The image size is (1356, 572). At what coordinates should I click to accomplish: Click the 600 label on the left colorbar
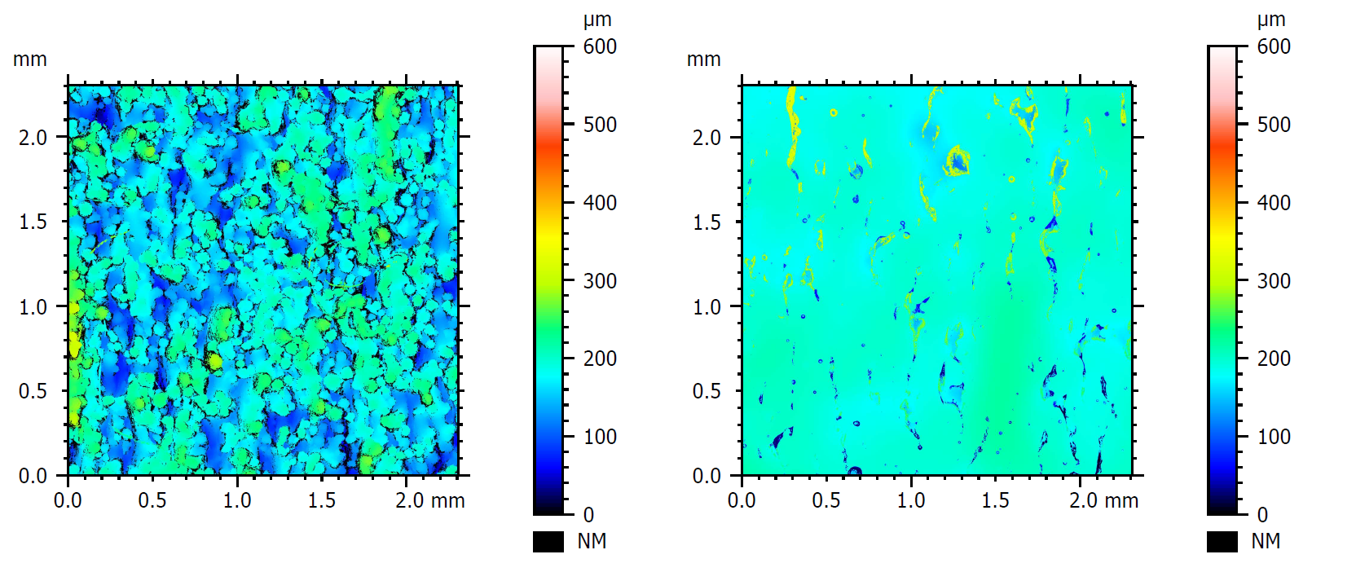[x=600, y=46]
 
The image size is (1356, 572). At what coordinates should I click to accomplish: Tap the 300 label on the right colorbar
[x=1274, y=281]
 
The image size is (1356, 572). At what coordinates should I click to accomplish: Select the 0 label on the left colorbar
[x=588, y=515]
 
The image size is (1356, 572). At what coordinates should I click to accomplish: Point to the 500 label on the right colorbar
[x=1274, y=125]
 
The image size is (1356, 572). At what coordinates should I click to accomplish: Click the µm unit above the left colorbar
[x=597, y=20]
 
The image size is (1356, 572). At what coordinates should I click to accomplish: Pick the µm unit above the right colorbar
[x=1271, y=20]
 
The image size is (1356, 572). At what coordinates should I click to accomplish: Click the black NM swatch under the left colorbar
[x=548, y=542]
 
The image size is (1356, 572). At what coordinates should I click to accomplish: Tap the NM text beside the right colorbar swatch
[x=1266, y=541]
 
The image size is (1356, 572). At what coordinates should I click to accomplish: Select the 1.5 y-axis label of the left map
[x=33, y=222]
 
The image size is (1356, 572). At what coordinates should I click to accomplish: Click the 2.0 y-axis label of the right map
[x=707, y=138]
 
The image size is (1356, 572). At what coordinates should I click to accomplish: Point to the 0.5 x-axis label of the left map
[x=152, y=500]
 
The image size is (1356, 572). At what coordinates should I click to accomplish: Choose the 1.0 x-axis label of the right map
[x=911, y=500]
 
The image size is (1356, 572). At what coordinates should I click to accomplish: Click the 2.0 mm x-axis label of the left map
[x=429, y=500]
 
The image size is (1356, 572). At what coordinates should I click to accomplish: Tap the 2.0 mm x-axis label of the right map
[x=1103, y=500]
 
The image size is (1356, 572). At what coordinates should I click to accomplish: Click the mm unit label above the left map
[x=29, y=59]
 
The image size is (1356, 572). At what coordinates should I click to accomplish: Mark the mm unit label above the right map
[x=703, y=59]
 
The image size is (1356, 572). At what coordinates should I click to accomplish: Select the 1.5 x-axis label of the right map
[x=996, y=500]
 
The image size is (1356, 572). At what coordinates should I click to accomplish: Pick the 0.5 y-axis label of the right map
[x=707, y=391]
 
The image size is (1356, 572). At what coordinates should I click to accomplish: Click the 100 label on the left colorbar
[x=600, y=437]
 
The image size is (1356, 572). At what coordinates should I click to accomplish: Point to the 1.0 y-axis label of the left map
[x=33, y=307]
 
